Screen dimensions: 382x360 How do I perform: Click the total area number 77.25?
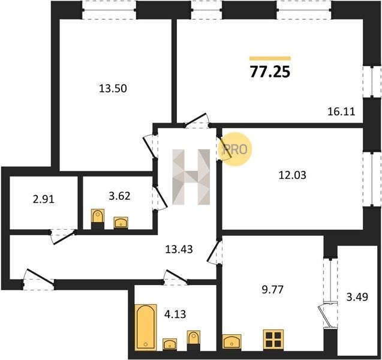click(270, 72)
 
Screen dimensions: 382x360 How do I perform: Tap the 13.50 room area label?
click(113, 88)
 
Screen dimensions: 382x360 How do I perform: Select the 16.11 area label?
click(341, 112)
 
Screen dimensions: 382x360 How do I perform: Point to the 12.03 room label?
click(292, 175)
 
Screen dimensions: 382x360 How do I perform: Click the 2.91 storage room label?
click(43, 200)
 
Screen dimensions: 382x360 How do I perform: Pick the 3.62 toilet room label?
click(119, 196)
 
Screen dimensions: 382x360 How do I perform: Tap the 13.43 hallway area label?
click(179, 249)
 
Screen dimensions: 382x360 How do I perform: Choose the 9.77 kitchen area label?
click(273, 290)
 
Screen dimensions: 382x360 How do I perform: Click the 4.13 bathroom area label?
click(175, 314)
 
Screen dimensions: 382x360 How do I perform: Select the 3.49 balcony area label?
click(357, 297)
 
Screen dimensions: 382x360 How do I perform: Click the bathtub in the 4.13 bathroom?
click(146, 327)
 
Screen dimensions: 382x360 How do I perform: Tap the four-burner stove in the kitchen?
click(273, 340)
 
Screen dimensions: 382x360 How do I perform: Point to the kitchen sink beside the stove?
click(231, 342)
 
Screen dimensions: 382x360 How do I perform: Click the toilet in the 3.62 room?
click(98, 218)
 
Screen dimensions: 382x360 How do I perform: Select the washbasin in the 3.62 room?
click(121, 223)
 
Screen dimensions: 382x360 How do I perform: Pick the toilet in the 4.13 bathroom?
click(194, 340)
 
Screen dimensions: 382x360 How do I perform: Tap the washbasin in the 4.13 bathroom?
click(170, 344)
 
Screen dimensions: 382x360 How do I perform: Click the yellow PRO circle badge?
click(235, 149)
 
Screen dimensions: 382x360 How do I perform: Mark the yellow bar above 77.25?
click(270, 58)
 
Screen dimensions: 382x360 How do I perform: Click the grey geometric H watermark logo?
click(191, 177)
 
